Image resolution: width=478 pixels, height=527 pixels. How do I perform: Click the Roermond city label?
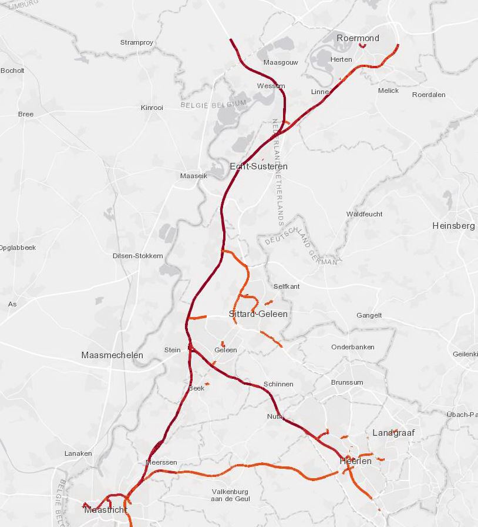tap(358, 38)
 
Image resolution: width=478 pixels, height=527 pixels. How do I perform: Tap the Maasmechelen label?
tap(112, 355)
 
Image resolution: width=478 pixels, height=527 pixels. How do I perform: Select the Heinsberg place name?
tap(453, 226)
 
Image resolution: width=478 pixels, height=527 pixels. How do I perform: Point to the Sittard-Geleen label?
tap(258, 314)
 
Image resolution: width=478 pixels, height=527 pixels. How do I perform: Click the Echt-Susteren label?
tap(259, 166)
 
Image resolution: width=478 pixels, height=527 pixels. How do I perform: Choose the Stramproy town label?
tap(136, 42)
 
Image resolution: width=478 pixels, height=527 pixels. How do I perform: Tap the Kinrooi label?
tap(152, 108)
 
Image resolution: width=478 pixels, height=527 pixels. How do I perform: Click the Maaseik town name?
tap(194, 176)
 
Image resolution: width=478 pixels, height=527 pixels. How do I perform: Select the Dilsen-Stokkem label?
tap(137, 256)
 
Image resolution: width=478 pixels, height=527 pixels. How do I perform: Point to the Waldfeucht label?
tap(364, 214)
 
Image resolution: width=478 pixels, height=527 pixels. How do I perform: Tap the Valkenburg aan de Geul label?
tap(230, 495)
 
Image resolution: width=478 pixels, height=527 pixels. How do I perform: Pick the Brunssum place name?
tap(347, 382)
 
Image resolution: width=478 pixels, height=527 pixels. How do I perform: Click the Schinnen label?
tap(278, 384)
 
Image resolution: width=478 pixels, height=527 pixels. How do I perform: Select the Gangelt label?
tap(369, 315)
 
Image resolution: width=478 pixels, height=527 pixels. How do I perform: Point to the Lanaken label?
tap(78, 453)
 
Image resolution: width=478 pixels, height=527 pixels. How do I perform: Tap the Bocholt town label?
tap(12, 71)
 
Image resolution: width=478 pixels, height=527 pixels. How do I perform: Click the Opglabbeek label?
tap(17, 248)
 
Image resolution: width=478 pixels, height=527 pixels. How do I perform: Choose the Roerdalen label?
tap(429, 95)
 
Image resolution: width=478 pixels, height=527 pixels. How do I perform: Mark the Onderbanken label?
tap(352, 347)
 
